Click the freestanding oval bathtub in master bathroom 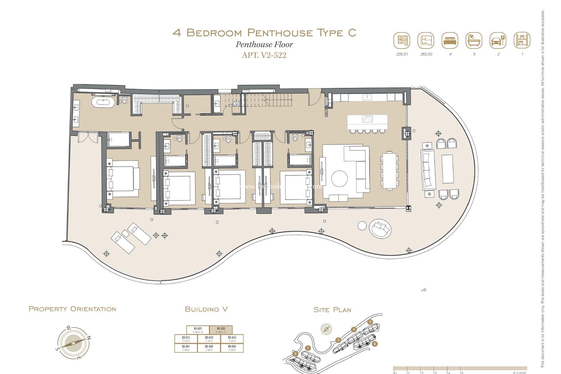click(x=103, y=103)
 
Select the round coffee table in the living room click(x=339, y=179)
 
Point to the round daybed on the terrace click(x=380, y=228)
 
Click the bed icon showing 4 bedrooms click(x=450, y=41)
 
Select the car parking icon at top click(x=498, y=41)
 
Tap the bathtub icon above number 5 click(x=474, y=41)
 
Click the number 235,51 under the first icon click(x=402, y=54)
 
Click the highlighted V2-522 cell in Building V click(x=221, y=330)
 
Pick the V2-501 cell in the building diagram click(x=186, y=348)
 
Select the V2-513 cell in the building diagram click(x=232, y=339)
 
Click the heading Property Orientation click(x=72, y=309)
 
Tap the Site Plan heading click(x=332, y=310)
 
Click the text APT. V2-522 click(x=264, y=55)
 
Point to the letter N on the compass click(x=89, y=338)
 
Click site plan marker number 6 click(x=375, y=344)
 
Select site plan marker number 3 click(x=338, y=340)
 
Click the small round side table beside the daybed click(x=362, y=226)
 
